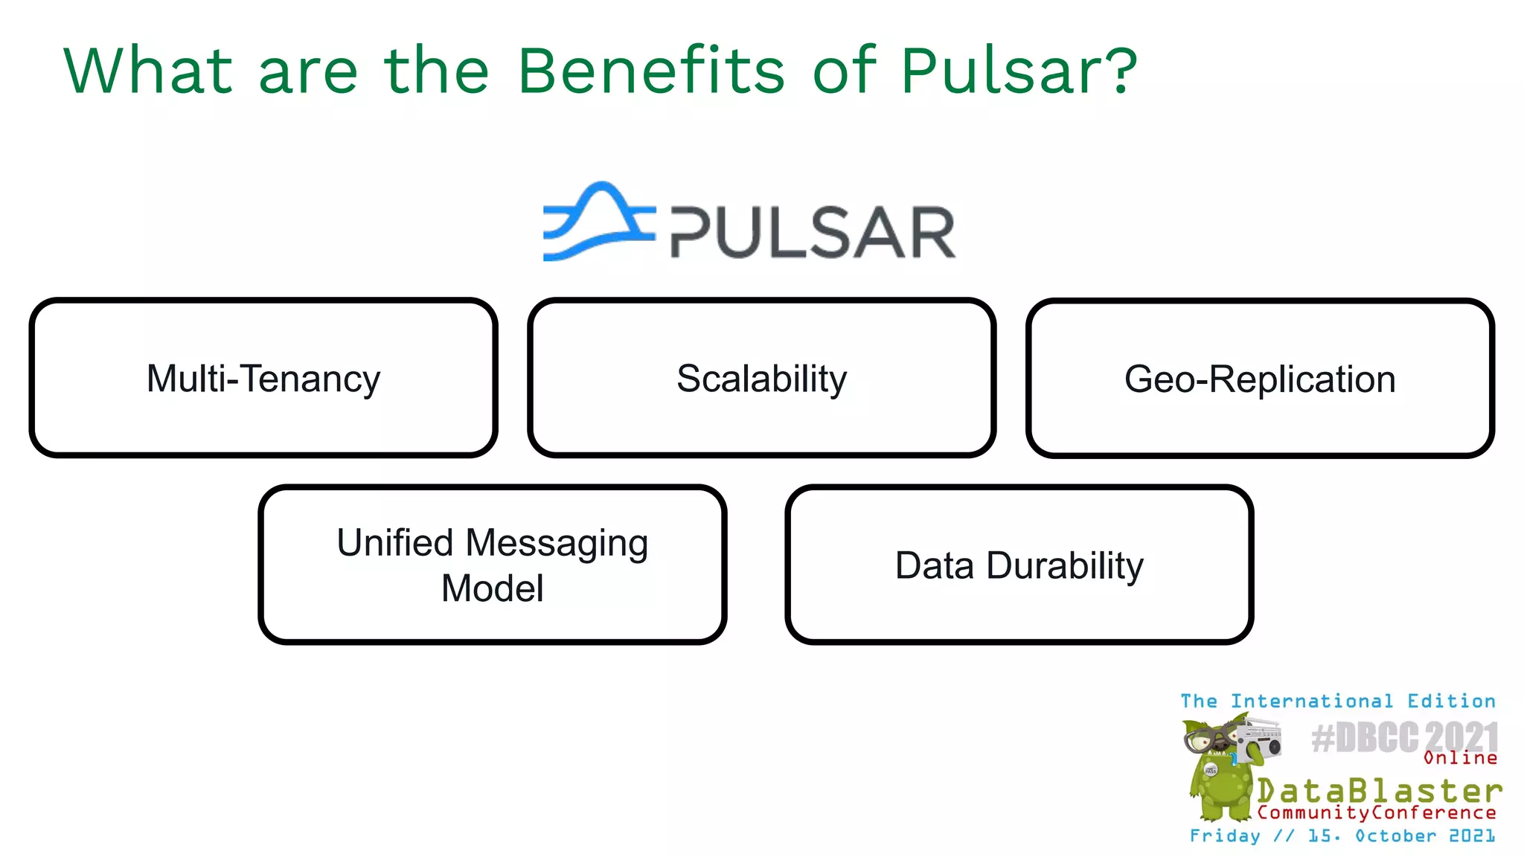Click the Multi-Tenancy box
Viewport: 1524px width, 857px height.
click(x=263, y=378)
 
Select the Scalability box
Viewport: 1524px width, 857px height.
click(x=761, y=378)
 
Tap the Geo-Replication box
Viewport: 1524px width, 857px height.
click(x=1259, y=378)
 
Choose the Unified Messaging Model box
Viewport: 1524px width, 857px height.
click(x=492, y=565)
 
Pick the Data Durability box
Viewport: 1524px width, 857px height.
click(x=1019, y=565)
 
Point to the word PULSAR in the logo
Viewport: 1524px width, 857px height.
click(x=813, y=233)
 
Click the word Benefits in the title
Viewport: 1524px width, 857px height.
click(x=651, y=71)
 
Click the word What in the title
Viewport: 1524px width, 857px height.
click(x=148, y=71)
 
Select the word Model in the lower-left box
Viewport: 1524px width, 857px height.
click(x=492, y=588)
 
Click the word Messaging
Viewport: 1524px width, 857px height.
click(x=557, y=543)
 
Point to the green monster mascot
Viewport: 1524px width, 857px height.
click(x=1217, y=774)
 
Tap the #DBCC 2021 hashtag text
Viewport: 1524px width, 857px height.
click(x=1403, y=737)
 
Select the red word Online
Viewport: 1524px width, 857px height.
click(x=1460, y=758)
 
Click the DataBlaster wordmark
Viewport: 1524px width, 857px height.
click(x=1379, y=790)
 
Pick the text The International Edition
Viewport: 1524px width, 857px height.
click(x=1337, y=701)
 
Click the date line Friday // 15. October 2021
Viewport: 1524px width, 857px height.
click(x=1342, y=835)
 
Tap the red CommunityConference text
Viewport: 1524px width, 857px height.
click(x=1376, y=812)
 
